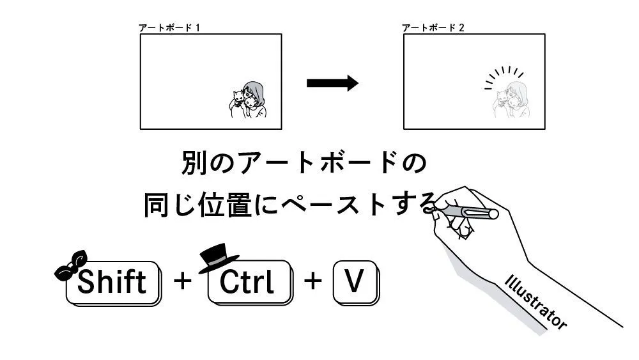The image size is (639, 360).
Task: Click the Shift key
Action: (x=114, y=282)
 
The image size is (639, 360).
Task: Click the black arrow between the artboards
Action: (x=332, y=83)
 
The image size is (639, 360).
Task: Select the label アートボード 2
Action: (x=433, y=28)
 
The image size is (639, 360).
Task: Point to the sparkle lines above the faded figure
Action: (x=504, y=75)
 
